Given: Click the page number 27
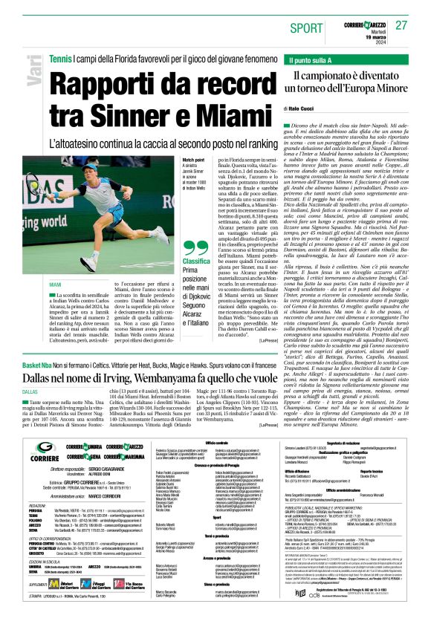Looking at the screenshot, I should tap(402, 25).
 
